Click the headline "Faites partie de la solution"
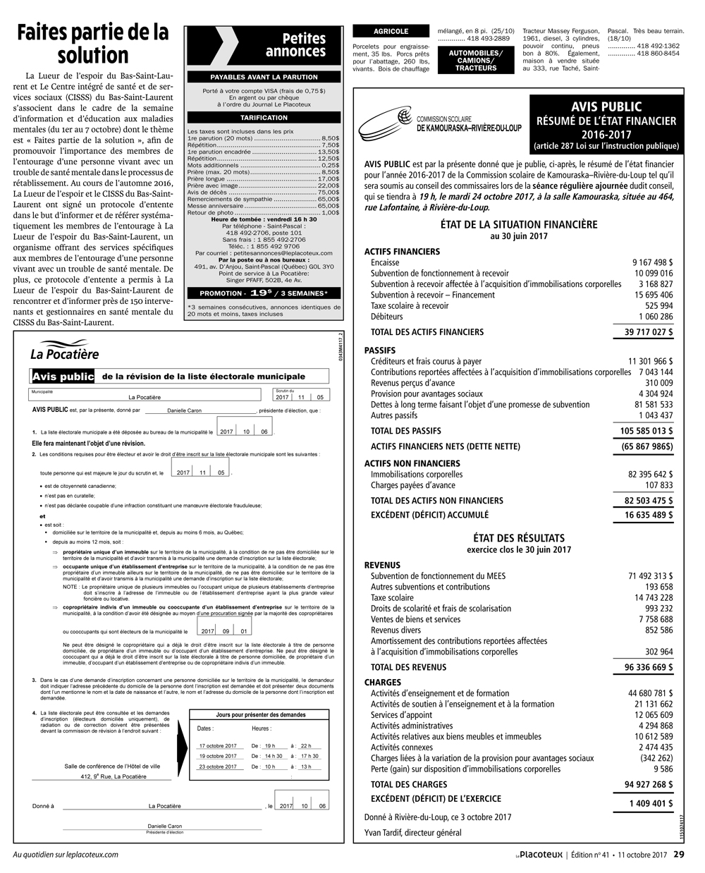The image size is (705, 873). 93,44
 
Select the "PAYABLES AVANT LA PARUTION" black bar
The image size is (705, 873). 264,77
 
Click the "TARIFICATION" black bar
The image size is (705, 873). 264,118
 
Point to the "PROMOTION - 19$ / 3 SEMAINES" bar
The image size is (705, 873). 264,293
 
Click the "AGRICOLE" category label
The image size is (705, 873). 391,32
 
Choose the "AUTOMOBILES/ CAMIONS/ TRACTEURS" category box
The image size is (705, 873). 476,61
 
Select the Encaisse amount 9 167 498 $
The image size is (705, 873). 653,262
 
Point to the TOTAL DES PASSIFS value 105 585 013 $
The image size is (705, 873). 646,430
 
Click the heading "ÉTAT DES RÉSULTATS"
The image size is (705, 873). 519,537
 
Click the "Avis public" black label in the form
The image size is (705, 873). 63,377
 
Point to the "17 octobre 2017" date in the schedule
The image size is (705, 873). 218,745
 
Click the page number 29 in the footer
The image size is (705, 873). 679,855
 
